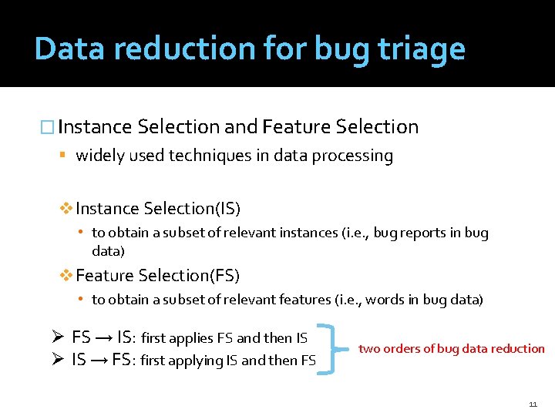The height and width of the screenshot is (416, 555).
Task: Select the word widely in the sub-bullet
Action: point(99,156)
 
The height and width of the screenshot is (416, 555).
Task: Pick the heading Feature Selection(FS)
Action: point(158,276)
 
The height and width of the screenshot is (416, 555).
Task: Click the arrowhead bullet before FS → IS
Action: point(56,337)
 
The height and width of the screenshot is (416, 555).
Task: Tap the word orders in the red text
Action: point(405,349)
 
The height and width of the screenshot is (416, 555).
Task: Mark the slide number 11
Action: point(533,404)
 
